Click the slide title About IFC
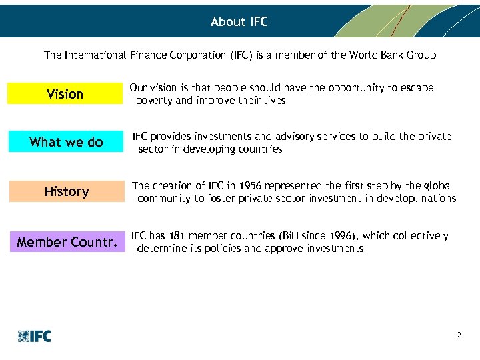point(239,21)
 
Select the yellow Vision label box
point(65,94)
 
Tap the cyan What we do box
point(66,142)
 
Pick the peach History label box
point(66,191)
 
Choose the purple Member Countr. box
point(66,241)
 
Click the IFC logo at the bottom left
point(35,336)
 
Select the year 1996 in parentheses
point(344,236)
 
